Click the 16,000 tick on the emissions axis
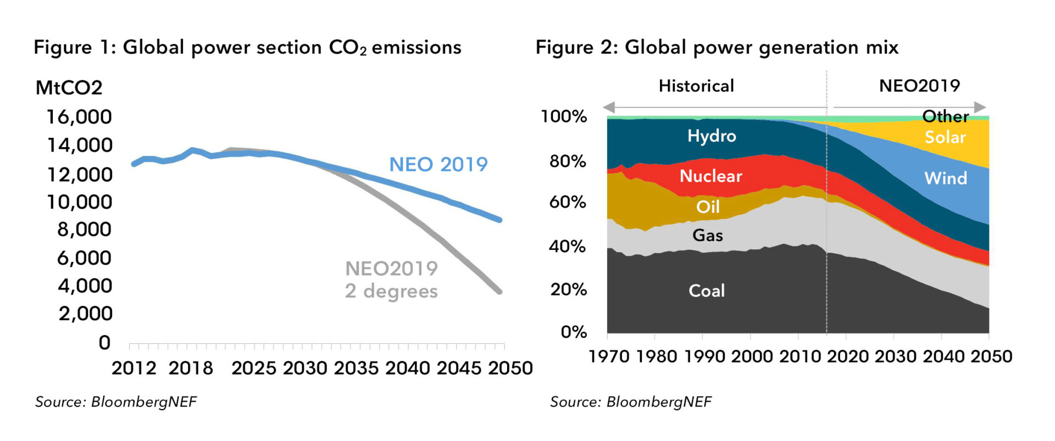click(79, 117)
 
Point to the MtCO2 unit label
click(69, 88)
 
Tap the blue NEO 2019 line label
click(438, 164)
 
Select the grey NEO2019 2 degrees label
click(391, 280)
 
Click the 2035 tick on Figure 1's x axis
click(356, 368)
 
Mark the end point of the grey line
click(499, 292)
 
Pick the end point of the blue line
click(499, 220)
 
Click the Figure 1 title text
click(247, 48)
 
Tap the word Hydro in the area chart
click(712, 136)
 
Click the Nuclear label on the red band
click(710, 176)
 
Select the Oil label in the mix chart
click(708, 207)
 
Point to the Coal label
click(707, 291)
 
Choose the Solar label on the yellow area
click(945, 137)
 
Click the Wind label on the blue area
click(945, 178)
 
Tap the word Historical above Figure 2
click(696, 86)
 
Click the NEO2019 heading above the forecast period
click(919, 86)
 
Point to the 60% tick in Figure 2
click(568, 202)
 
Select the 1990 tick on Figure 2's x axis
click(703, 357)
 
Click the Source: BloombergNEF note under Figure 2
click(630, 402)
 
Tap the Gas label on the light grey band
click(707, 236)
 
